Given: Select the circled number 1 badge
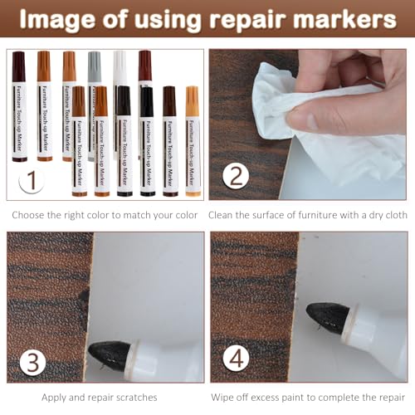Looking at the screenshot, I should coord(30,177).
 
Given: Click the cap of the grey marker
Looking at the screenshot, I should coord(95,65).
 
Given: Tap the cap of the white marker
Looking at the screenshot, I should coord(120,65).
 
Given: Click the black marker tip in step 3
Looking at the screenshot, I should coord(108,354).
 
